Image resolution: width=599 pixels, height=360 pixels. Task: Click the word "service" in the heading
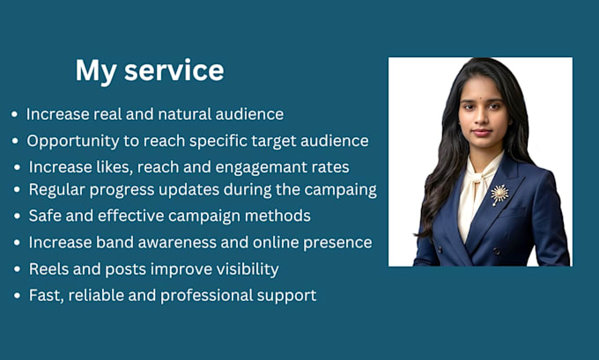click(174, 70)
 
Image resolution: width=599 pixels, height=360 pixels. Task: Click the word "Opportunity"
click(73, 141)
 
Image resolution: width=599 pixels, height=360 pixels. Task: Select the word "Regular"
click(56, 190)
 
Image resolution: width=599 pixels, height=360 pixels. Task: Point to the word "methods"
click(277, 216)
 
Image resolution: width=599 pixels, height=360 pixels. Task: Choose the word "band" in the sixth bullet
click(113, 242)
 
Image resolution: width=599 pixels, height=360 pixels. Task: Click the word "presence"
click(337, 243)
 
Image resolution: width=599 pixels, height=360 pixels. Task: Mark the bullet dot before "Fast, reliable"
click(17, 296)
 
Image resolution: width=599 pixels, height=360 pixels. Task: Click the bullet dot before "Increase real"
click(14, 114)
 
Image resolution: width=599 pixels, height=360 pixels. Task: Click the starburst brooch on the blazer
click(499, 195)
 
